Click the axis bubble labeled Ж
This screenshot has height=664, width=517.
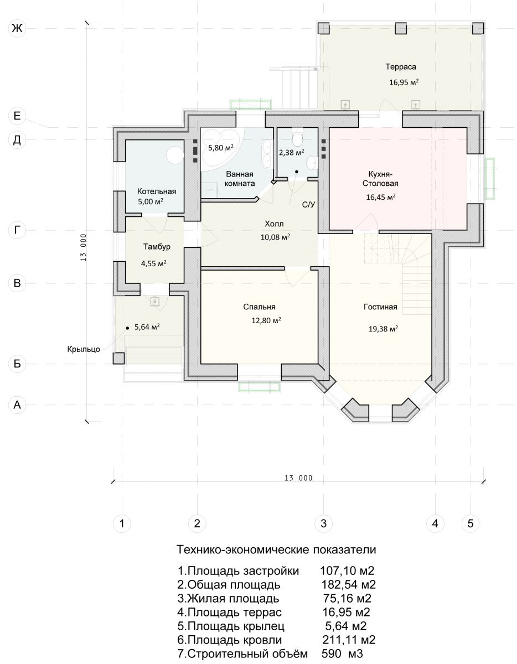[x=17, y=28]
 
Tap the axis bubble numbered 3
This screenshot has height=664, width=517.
[x=324, y=523]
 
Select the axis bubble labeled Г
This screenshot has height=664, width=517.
[x=17, y=230]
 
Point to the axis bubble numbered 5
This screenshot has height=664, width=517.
[x=471, y=523]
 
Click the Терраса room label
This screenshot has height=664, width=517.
[x=401, y=66]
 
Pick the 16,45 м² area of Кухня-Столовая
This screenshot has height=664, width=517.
[x=381, y=197]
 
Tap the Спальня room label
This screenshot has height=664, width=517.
[x=259, y=307]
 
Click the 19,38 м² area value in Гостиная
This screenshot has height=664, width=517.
[x=383, y=329]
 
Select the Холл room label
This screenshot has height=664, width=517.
[x=274, y=224]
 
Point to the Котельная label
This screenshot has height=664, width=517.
[x=157, y=191]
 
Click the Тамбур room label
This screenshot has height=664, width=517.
[x=157, y=247]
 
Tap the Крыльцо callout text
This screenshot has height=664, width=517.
[x=84, y=349]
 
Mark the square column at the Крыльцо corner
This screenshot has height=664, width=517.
[x=118, y=358]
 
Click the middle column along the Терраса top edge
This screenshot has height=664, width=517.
[x=401, y=28]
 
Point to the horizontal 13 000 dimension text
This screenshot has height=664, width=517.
[x=298, y=478]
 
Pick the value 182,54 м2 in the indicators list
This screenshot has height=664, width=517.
[x=349, y=584]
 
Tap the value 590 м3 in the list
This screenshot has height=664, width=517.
[x=342, y=653]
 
